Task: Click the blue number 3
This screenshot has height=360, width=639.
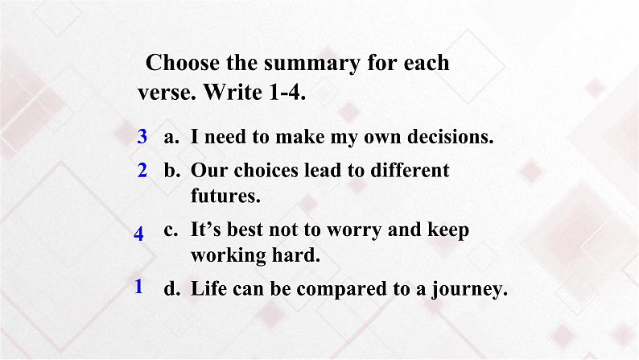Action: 142,136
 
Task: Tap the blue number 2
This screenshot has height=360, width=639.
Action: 142,170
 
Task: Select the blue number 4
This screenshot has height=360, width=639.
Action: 138,234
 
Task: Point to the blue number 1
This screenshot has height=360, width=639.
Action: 138,286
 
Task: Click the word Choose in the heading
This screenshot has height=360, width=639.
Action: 183,63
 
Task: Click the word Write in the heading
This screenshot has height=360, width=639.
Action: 233,92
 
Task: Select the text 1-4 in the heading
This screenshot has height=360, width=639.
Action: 287,92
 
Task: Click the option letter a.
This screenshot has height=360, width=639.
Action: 171,138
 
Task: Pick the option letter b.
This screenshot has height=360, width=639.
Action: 172,170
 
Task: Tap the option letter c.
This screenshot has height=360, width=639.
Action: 171,231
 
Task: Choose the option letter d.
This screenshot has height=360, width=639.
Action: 172,288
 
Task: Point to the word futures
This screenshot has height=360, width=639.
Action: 225,196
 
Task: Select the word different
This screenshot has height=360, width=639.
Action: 410,170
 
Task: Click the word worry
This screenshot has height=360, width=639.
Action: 354,231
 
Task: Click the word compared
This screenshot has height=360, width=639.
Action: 342,289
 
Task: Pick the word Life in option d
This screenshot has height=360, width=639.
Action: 208,288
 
